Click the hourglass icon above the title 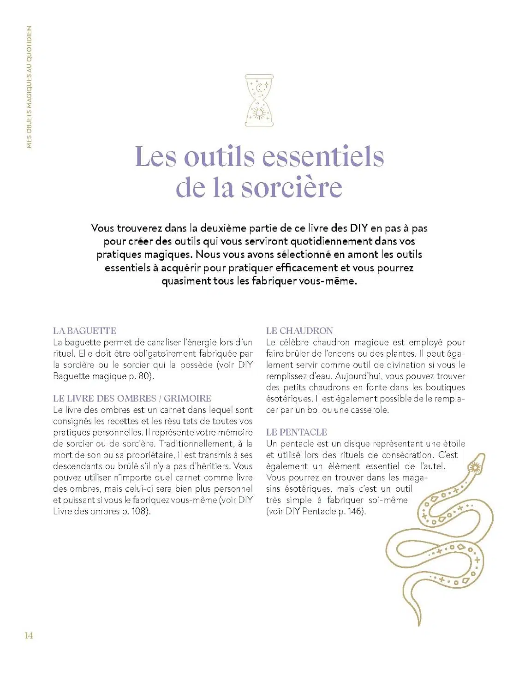259,100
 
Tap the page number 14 29,635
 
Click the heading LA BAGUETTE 84,331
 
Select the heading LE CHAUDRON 299,331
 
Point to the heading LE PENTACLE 296,432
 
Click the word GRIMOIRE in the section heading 187,398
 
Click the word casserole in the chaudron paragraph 368,410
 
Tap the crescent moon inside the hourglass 260,87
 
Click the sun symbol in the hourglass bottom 259,113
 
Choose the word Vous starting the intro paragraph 102,228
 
